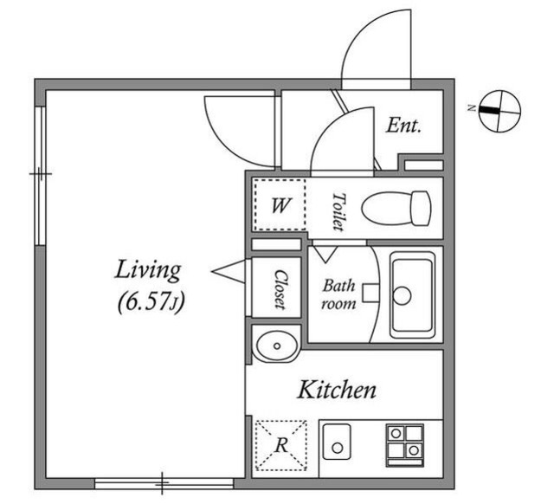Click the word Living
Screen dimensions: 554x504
click(x=148, y=271)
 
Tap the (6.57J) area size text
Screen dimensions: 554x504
click(x=151, y=302)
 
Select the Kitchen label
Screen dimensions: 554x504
click(x=337, y=390)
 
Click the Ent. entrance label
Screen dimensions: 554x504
click(x=403, y=126)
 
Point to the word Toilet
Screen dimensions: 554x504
click(x=338, y=211)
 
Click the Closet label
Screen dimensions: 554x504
click(x=280, y=289)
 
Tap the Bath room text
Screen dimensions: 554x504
click(x=338, y=294)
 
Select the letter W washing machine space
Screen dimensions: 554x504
click(x=280, y=205)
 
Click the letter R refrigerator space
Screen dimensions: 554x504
click(x=281, y=445)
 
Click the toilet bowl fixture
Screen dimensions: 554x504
click(x=396, y=209)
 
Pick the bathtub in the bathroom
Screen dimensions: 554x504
click(x=412, y=294)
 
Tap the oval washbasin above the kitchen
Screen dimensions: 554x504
click(x=276, y=346)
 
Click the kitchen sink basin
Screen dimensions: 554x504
click(x=337, y=442)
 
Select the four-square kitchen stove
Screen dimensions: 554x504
click(x=405, y=445)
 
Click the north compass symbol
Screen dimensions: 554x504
click(x=499, y=111)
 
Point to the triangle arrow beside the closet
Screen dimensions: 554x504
click(x=229, y=271)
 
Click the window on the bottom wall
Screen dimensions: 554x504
click(x=164, y=483)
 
